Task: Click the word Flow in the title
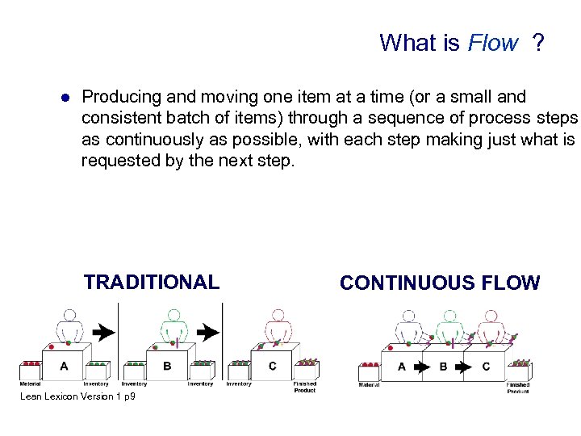pyautogui.click(x=492, y=43)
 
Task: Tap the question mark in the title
pyautogui.click(x=537, y=43)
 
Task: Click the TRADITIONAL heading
pyautogui.click(x=151, y=282)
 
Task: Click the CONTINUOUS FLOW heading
pyautogui.click(x=440, y=283)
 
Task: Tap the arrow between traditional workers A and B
pyautogui.click(x=102, y=331)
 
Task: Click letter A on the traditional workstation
pyautogui.click(x=64, y=366)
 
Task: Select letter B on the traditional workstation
pyautogui.click(x=167, y=366)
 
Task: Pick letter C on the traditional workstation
pyautogui.click(x=272, y=366)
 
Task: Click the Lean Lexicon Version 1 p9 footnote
pyautogui.click(x=77, y=396)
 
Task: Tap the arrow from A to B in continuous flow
pyautogui.click(x=421, y=367)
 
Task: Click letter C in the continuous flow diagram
pyautogui.click(x=485, y=367)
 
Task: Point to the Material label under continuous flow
pyautogui.click(x=369, y=385)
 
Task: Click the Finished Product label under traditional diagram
pyautogui.click(x=305, y=387)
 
